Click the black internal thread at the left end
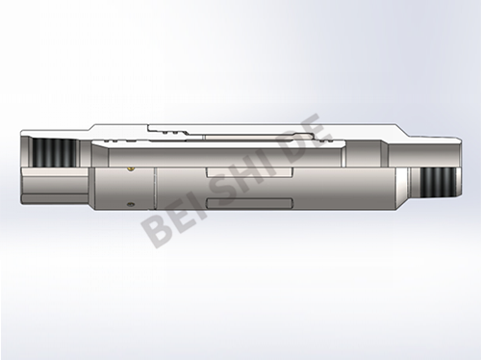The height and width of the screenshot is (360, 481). coord(55,153)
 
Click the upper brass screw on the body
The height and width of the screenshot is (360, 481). coord(131,168)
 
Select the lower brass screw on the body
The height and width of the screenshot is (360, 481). coord(130,204)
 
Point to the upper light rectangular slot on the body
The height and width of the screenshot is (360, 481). coord(250,172)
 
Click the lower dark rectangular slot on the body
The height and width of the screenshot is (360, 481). coord(250,203)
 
